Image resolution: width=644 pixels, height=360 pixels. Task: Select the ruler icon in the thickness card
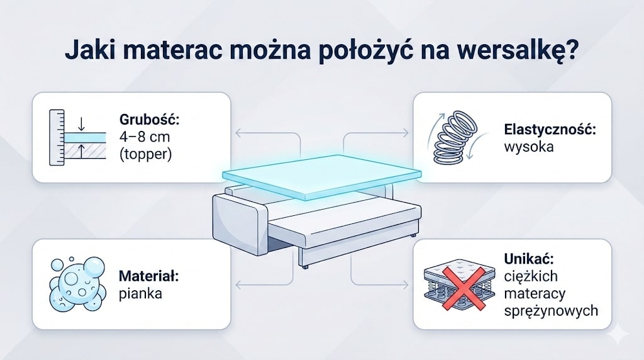pos(57,137)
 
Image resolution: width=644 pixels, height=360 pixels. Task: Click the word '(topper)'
pos(145,154)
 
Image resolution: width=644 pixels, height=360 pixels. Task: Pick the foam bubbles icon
pos(76,283)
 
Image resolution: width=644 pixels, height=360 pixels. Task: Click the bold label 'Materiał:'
pos(148,276)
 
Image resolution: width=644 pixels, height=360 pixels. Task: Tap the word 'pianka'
pos(140,293)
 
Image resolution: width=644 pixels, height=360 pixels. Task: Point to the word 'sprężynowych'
pos(551,311)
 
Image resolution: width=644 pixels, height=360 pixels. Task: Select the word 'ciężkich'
pos(530,276)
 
